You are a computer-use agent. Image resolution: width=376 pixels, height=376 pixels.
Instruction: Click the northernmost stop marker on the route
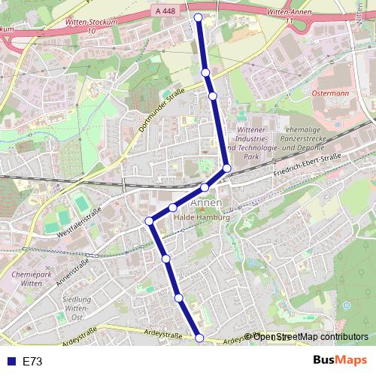[x=199, y=17]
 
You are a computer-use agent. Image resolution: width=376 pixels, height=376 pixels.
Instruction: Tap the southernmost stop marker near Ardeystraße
[x=199, y=338]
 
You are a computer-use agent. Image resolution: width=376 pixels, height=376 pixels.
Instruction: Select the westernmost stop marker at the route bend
[x=149, y=220]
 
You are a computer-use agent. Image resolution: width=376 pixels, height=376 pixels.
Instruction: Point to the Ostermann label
[x=331, y=93]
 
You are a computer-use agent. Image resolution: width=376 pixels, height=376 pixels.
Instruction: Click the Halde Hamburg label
[x=201, y=217]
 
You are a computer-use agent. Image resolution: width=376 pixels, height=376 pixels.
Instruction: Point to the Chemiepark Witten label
[x=32, y=280]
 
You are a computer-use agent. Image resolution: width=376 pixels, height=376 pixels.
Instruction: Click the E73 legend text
[x=32, y=362]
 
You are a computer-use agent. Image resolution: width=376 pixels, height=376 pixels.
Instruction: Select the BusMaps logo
[x=339, y=360]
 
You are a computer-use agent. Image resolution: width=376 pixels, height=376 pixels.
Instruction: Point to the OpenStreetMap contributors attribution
[x=311, y=336]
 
